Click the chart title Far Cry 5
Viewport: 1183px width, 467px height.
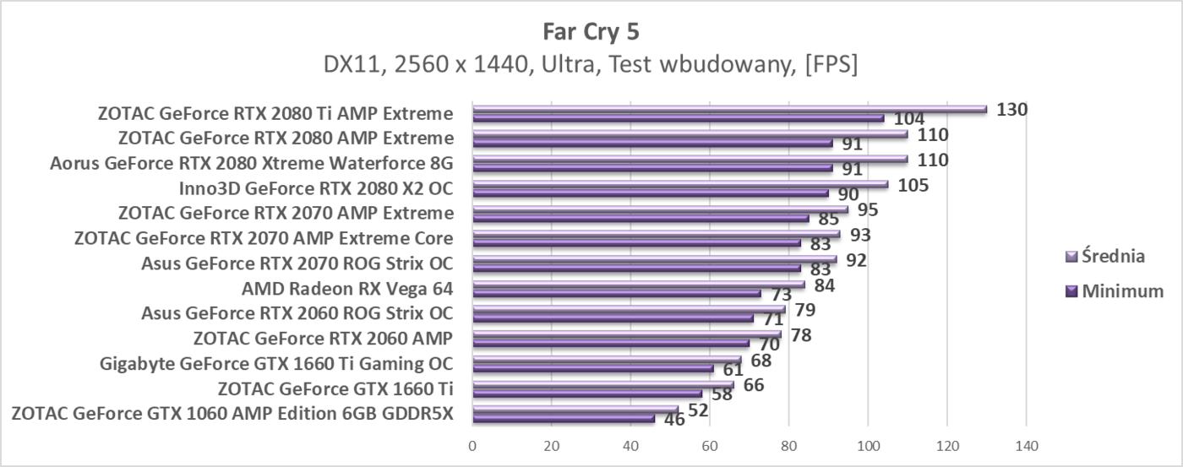(x=591, y=32)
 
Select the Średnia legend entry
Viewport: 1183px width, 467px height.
(x=1113, y=256)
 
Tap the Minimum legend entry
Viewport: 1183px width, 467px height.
(x=1117, y=291)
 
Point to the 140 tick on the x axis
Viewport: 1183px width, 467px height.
(x=1026, y=445)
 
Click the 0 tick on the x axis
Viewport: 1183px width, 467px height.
(x=472, y=445)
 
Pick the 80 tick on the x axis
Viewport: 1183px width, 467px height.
(x=788, y=445)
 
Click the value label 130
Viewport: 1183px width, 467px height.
(x=1011, y=109)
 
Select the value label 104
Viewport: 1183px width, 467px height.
(x=908, y=120)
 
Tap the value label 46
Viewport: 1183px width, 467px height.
(x=674, y=419)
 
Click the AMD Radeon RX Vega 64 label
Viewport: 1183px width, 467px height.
(x=346, y=289)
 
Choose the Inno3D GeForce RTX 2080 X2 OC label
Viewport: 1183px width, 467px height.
(x=315, y=188)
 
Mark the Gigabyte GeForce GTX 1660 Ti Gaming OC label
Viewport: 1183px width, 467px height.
(x=275, y=364)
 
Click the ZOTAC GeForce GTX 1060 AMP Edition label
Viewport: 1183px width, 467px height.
(x=232, y=414)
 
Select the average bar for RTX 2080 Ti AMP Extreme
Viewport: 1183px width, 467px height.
(x=729, y=109)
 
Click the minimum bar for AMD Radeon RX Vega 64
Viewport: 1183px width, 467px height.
(x=617, y=294)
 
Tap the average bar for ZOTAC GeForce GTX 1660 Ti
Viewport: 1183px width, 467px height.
(x=602, y=385)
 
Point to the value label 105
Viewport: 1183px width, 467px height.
(x=913, y=184)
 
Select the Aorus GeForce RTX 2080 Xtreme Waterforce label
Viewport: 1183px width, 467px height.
(x=251, y=163)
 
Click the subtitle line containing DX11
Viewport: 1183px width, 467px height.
(x=591, y=65)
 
